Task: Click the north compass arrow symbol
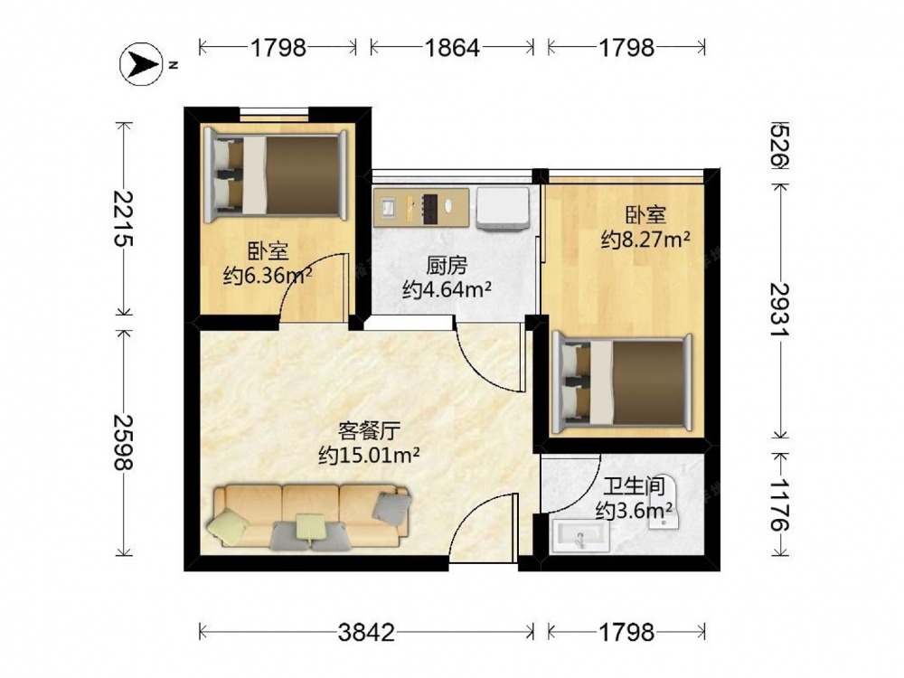pyautogui.click(x=140, y=64)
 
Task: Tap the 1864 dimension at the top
pyautogui.click(x=452, y=48)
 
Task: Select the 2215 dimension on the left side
pyautogui.click(x=122, y=219)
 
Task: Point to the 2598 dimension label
pyautogui.click(x=122, y=442)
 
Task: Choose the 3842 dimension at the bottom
pyautogui.click(x=366, y=633)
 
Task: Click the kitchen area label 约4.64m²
pyautogui.click(x=447, y=289)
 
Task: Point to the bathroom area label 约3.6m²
pyautogui.click(x=635, y=510)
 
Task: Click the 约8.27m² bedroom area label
pyautogui.click(x=645, y=239)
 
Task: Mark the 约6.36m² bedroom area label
pyautogui.click(x=268, y=276)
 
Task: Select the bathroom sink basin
pyautogui.click(x=580, y=537)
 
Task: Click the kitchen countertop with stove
pyautogui.click(x=421, y=206)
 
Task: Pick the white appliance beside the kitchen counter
pyautogui.click(x=503, y=208)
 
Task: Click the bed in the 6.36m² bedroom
pyautogui.click(x=276, y=174)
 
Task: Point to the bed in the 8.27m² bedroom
pyautogui.click(x=622, y=383)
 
